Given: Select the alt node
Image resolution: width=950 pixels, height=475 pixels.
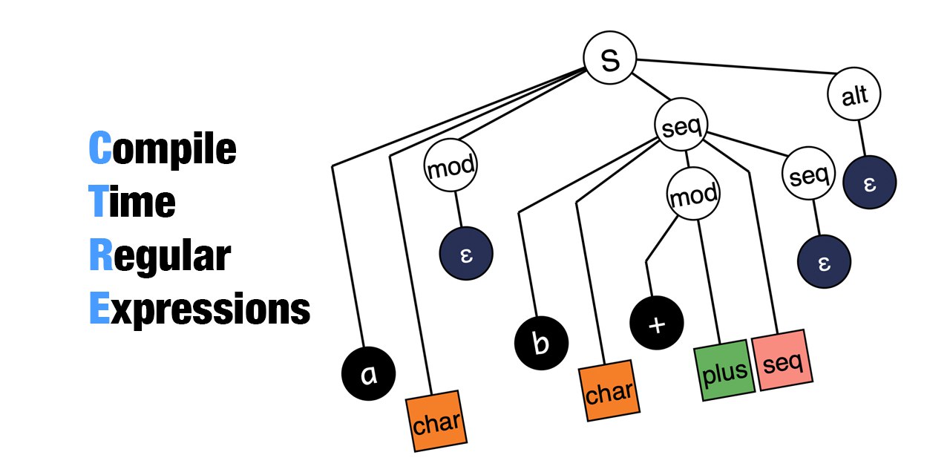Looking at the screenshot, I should pos(854,96).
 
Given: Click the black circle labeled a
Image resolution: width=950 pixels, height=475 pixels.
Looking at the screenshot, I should pos(368,375).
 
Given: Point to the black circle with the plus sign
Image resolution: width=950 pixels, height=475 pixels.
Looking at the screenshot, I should pos(656,325).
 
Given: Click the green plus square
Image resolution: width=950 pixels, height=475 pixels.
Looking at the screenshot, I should pos(724,373).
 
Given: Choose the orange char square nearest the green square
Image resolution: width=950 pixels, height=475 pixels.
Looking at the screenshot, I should pos(609,391).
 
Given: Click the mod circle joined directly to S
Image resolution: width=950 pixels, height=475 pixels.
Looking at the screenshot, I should pos(450,166).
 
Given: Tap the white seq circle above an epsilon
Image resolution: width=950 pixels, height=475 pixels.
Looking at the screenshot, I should pos(809,177).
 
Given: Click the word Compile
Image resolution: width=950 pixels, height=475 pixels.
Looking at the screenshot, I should pos(162,148).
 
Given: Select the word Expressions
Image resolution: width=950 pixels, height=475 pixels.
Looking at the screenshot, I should pos(199,309).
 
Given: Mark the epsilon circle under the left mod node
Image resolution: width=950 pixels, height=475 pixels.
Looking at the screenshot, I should pos(465,254).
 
